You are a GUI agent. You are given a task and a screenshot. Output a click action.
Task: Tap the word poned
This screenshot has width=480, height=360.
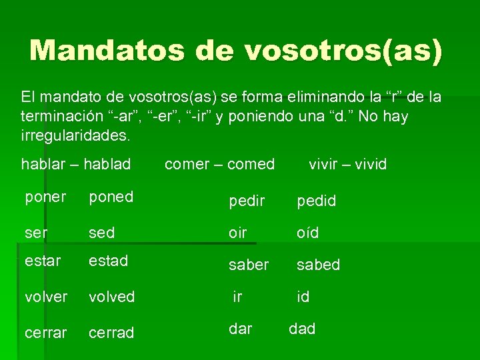(x=111, y=197)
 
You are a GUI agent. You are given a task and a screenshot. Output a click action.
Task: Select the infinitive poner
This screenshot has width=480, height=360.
(x=45, y=197)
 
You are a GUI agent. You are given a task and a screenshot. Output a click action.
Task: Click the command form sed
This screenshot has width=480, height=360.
(x=102, y=233)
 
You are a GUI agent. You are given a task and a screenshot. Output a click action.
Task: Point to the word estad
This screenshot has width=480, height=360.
(x=109, y=261)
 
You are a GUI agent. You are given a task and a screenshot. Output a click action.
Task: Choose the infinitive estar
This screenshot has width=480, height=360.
(x=43, y=261)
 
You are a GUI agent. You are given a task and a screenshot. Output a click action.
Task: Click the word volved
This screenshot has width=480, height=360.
(x=112, y=296)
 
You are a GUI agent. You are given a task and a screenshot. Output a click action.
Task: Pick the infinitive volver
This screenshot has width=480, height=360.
(x=46, y=296)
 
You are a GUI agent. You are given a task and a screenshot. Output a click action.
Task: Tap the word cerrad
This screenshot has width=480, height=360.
(x=111, y=332)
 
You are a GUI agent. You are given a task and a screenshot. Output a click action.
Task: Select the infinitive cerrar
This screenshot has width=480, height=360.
(x=46, y=332)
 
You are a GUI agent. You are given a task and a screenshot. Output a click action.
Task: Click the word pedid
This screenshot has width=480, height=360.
(x=316, y=201)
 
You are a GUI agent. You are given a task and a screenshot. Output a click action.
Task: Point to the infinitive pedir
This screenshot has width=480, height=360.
(x=247, y=201)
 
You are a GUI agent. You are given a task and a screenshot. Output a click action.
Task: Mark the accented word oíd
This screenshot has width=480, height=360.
(x=308, y=233)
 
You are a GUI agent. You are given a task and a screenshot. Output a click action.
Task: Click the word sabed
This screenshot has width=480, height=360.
(x=318, y=265)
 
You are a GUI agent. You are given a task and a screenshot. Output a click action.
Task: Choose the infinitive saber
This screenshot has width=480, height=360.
(x=249, y=265)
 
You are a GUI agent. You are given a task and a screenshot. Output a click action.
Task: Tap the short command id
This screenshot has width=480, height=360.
(x=303, y=297)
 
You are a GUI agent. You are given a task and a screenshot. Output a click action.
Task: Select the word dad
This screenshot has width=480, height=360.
(x=302, y=329)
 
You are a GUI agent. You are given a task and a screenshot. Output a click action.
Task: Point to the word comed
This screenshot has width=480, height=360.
(x=253, y=163)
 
